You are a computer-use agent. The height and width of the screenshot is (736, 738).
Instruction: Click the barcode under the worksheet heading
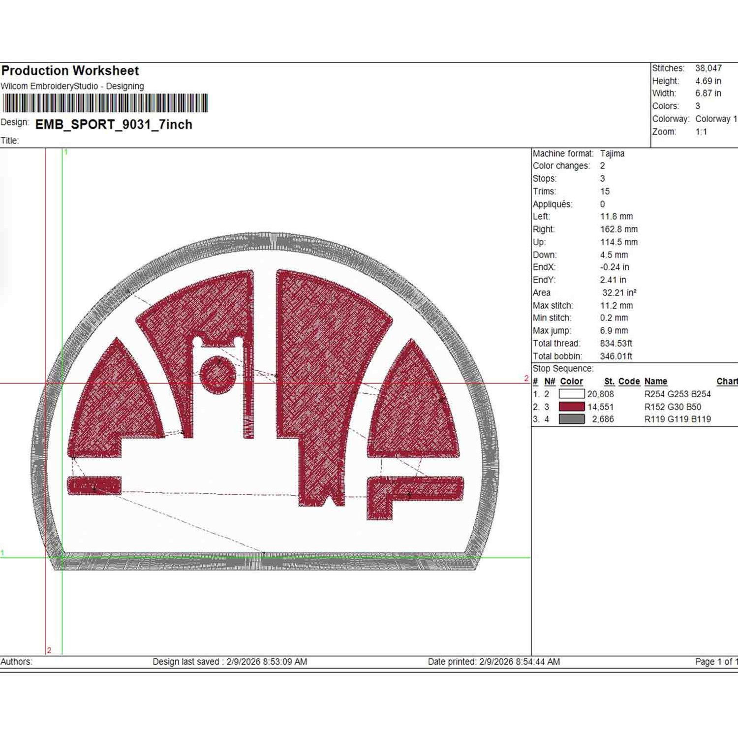click(105, 103)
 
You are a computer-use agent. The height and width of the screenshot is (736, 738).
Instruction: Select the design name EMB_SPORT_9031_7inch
click(114, 125)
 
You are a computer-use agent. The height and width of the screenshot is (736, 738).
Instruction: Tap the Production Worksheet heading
click(70, 71)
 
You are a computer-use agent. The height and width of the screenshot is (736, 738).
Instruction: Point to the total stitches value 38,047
click(708, 68)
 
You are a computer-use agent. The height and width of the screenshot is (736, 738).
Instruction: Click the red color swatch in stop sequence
click(572, 407)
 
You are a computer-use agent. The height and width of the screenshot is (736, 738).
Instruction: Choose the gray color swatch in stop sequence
click(572, 419)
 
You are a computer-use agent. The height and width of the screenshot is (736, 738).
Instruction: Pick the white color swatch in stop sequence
click(572, 394)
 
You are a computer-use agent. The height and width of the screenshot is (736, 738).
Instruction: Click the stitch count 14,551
click(601, 407)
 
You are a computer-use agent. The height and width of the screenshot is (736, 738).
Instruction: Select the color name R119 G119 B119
click(677, 419)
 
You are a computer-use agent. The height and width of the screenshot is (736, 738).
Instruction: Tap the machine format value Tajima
click(612, 154)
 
